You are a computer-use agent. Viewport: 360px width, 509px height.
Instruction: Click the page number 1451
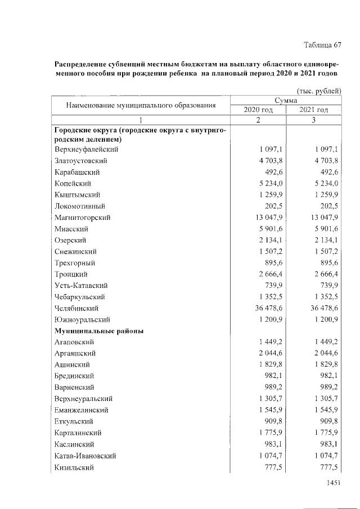(334, 483)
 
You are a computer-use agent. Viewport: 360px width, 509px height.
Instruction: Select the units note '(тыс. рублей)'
(319, 91)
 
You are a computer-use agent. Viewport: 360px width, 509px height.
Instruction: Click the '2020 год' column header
(258, 109)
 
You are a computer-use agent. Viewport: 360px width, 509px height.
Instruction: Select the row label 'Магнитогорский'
(83, 218)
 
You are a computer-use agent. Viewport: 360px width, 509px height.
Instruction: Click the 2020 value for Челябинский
(264, 308)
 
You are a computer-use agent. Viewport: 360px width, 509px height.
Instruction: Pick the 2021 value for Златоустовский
(320, 161)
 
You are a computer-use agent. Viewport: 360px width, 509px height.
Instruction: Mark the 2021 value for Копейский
(320, 183)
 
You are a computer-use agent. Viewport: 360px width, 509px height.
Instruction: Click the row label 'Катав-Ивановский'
(86, 456)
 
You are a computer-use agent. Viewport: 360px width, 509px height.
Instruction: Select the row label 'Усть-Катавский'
(82, 286)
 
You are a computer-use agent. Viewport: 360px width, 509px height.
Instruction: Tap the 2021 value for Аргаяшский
(320, 353)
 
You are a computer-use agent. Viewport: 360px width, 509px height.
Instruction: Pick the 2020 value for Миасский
(266, 229)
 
